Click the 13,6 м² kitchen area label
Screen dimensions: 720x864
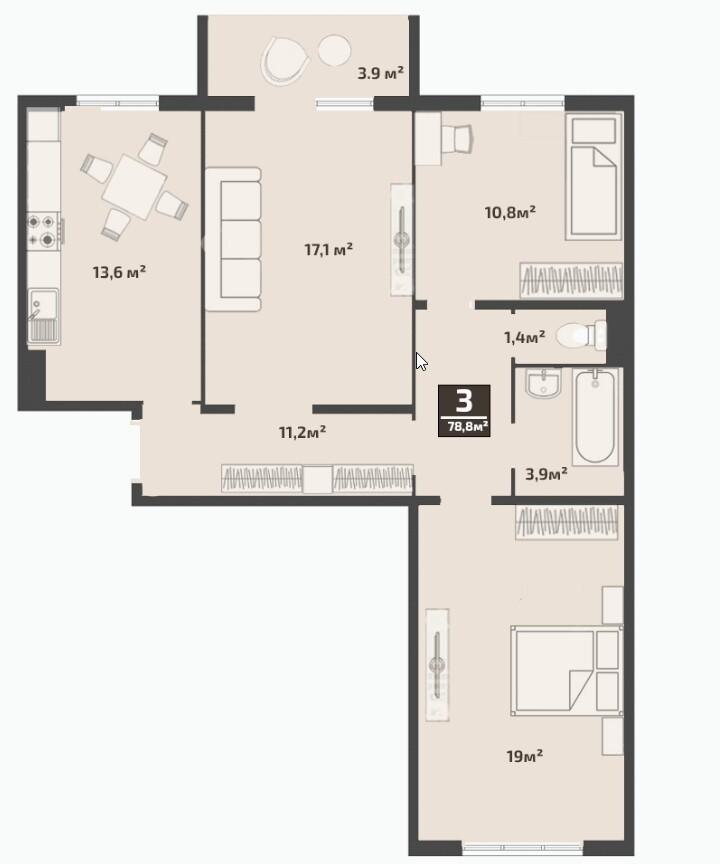coord(119,272)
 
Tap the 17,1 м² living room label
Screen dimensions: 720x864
coord(328,250)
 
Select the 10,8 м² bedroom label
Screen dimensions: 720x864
coord(510,212)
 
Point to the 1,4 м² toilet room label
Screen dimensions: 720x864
coord(525,336)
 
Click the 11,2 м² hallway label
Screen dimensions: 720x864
coord(302,432)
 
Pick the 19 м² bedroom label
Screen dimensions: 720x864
coord(524,756)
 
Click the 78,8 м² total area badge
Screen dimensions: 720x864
coord(464,411)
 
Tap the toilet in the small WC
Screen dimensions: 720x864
coord(581,335)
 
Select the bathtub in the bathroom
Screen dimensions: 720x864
coord(594,417)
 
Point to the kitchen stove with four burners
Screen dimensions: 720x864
coord(44,230)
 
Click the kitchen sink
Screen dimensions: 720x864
coord(43,316)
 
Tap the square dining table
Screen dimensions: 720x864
coord(135,187)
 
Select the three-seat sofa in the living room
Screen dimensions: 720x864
coord(233,240)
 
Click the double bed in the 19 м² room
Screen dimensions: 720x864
coord(566,670)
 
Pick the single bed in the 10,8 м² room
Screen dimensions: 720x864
coord(593,176)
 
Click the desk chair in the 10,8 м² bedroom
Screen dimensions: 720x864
coord(457,139)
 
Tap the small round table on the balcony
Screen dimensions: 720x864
coord(334,50)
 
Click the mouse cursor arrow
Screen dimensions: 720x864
coord(421,362)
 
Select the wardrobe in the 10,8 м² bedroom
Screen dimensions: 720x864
coord(571,280)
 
